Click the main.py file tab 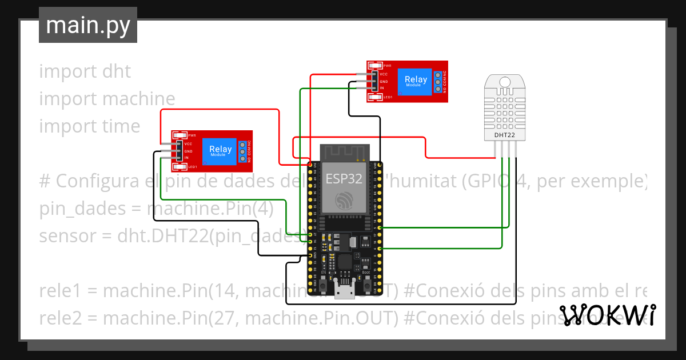pos(87,26)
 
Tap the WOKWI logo pos(607,315)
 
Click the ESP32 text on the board pos(344,178)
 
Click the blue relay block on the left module pos(221,151)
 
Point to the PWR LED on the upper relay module pos(375,66)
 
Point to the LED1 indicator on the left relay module pos(180,167)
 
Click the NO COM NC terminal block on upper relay pos(437,82)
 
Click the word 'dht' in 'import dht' pos(116,71)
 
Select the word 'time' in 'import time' pos(121,126)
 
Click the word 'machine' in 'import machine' pos(139,99)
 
